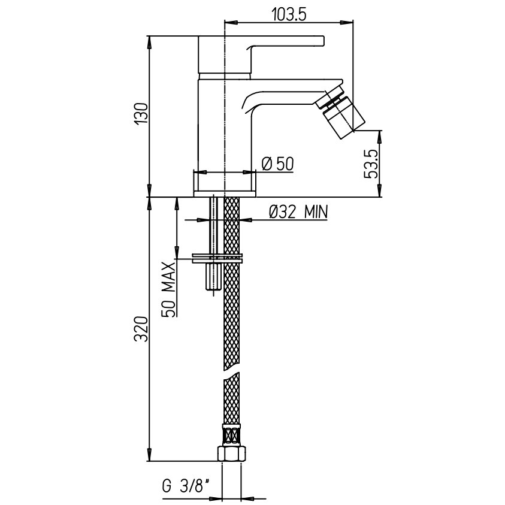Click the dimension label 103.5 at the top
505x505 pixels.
(289, 14)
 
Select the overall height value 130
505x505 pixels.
(141, 114)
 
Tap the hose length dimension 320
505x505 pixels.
(141, 329)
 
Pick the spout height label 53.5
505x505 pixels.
(371, 164)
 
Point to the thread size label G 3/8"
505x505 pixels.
(186, 486)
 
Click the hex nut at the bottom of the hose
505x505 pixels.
(232, 453)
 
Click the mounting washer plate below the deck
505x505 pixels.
(217, 259)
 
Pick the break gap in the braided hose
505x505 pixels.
(232, 374)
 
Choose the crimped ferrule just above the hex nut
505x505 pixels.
(232, 435)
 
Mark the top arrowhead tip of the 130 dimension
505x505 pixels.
(149, 36)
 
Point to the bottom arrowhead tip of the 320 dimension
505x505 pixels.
(149, 461)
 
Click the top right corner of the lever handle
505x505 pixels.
(323, 37)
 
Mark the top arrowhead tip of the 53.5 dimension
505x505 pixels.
(380, 131)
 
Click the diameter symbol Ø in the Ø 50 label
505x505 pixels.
(267, 164)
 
